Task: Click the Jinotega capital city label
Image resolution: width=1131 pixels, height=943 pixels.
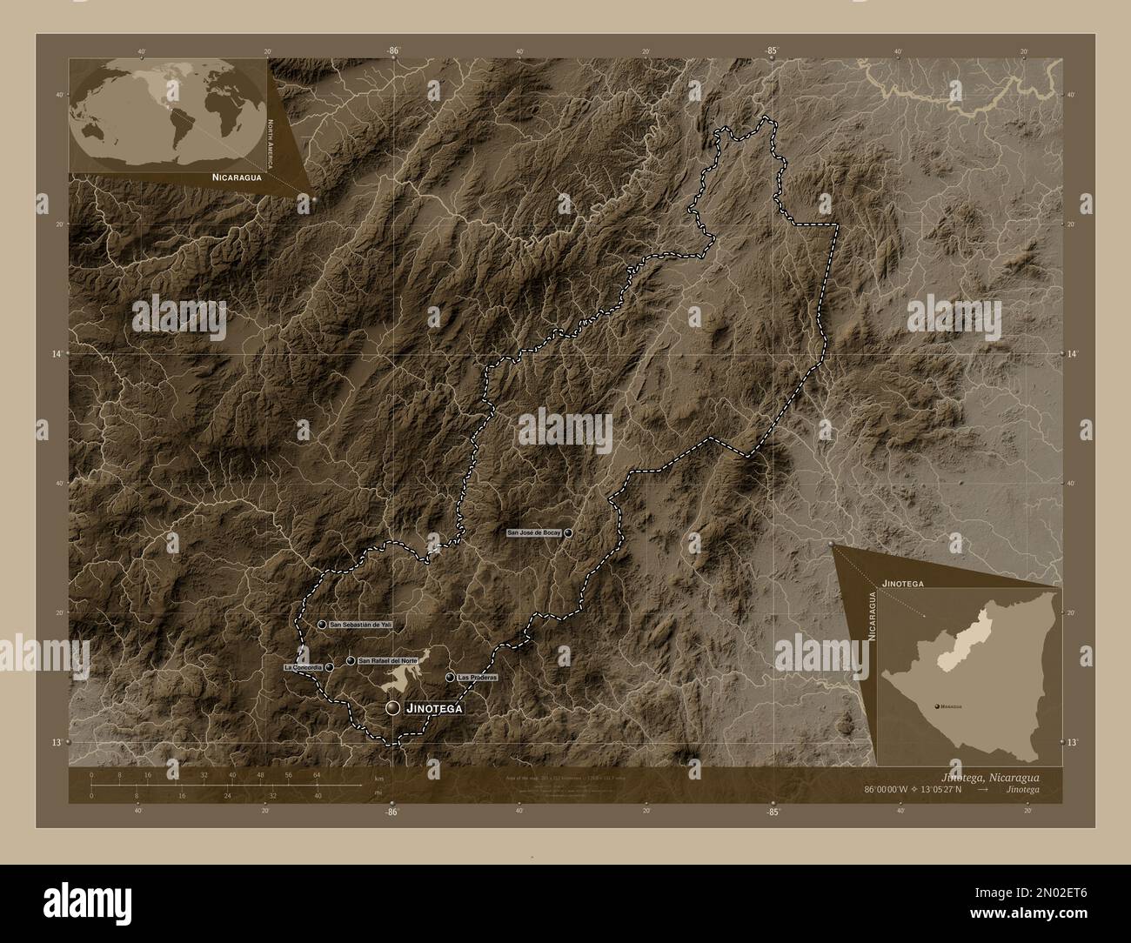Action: [x=432, y=709]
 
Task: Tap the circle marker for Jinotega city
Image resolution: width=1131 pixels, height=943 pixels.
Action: [x=393, y=709]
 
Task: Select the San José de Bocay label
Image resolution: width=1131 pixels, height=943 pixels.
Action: [x=535, y=532]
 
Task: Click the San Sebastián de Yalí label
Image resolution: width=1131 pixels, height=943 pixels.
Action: [x=360, y=625]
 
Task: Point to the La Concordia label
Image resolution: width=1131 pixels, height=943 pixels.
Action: [x=304, y=667]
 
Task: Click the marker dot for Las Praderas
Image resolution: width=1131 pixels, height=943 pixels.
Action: [x=450, y=677]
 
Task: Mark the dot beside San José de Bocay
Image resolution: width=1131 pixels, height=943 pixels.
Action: [x=567, y=532]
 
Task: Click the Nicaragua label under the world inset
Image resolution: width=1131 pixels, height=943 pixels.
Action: [x=236, y=176]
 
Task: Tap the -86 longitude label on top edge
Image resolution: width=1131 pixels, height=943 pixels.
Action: [x=393, y=51]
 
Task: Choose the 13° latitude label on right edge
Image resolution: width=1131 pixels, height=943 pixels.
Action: [x=1075, y=742]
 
